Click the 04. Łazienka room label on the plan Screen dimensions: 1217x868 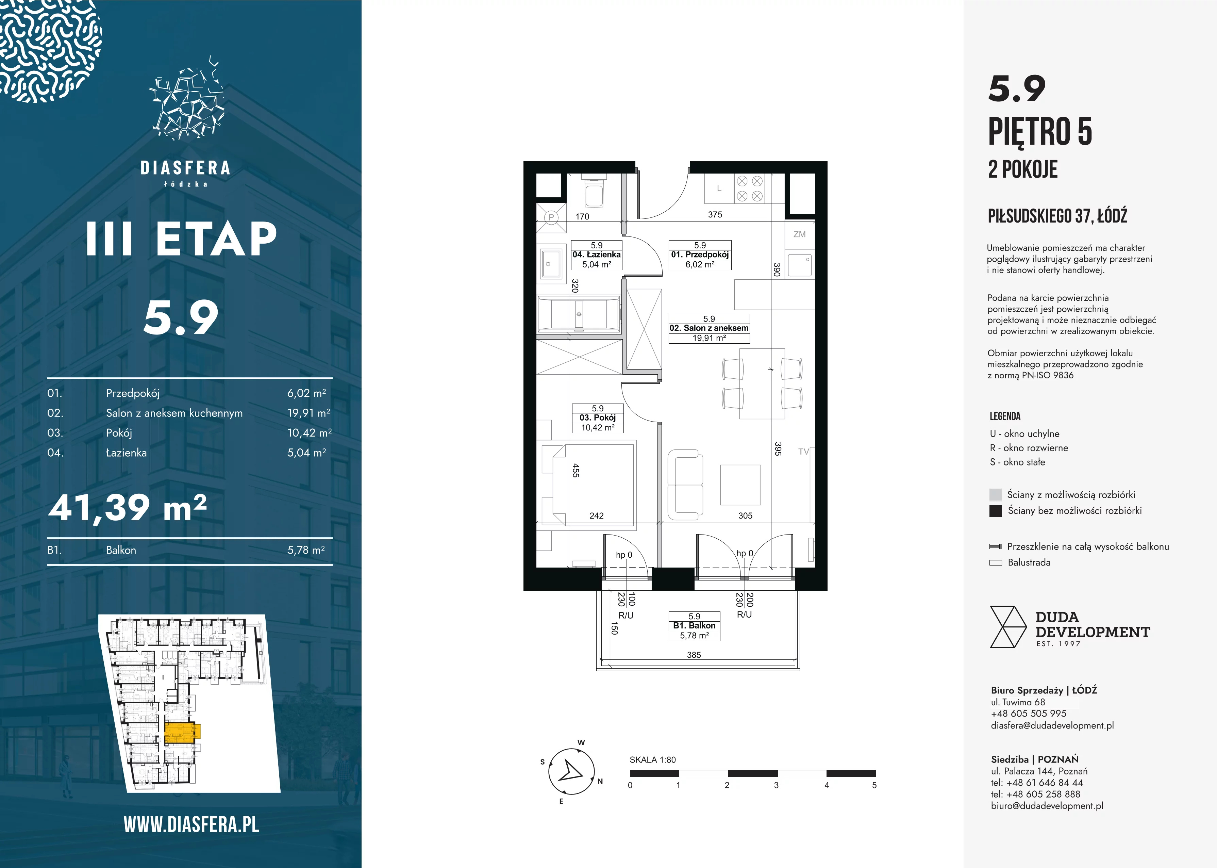click(596, 255)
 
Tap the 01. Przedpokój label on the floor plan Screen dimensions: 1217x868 click(700, 255)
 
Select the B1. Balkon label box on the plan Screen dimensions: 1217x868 click(694, 626)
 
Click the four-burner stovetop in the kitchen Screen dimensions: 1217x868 click(750, 189)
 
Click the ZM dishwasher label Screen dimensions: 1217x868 click(799, 234)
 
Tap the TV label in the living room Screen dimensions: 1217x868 click(803, 452)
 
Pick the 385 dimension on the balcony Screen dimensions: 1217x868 click(694, 655)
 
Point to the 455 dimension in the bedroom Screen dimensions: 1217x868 click(576, 470)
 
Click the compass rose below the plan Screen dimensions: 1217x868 click(571, 771)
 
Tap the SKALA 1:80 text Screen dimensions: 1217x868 click(652, 759)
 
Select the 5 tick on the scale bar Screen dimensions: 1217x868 click(874, 785)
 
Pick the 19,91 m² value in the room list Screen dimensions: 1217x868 click(309, 413)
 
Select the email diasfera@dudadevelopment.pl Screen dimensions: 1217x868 click(1052, 725)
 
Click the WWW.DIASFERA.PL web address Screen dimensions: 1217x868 click(191, 825)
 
